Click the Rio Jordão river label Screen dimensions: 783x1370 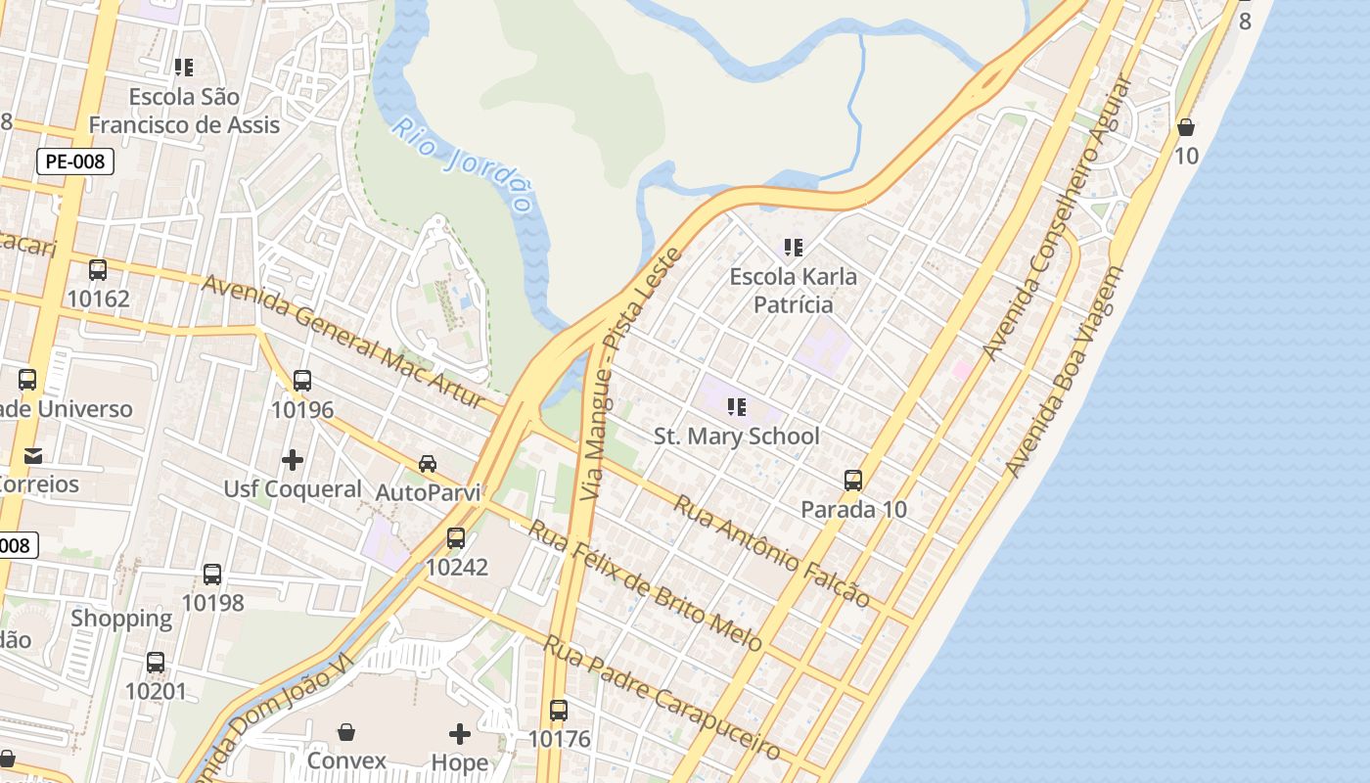tap(462, 165)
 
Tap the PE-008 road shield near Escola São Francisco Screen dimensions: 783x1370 tap(75, 161)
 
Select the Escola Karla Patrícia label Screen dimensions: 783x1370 tap(793, 291)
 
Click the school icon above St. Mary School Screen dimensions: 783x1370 tap(737, 406)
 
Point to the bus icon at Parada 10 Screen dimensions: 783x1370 tap(853, 480)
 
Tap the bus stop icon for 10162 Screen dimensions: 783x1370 tap(98, 270)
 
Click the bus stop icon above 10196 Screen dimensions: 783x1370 tap(302, 381)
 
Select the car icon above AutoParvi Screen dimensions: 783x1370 tap(428, 463)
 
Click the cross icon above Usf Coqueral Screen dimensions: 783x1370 tap(292, 459)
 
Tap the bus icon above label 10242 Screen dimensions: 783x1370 tap(456, 537)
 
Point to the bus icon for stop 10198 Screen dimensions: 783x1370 tap(212, 574)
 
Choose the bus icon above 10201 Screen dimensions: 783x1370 tap(156, 663)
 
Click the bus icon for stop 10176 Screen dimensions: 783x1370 tap(559, 710)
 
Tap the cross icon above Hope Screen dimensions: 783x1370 tap(460, 733)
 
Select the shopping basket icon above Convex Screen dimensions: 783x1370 tap(346, 732)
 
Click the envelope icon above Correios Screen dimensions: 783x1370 tap(33, 455)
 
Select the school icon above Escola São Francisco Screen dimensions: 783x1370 tap(184, 68)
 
